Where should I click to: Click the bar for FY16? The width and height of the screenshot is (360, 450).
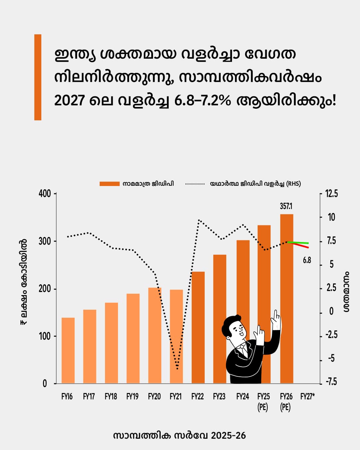[x=68, y=350]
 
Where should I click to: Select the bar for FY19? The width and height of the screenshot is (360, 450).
[x=133, y=338]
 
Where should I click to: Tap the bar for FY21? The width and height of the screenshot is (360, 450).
[x=176, y=336]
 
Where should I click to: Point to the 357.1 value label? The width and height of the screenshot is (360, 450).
[x=286, y=206]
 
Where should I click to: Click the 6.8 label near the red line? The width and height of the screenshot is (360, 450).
[x=307, y=260]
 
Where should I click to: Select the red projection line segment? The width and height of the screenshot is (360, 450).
[x=302, y=246]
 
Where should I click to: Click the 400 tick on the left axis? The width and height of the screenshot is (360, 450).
[x=45, y=194]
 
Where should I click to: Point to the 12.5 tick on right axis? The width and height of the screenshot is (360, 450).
[x=331, y=194]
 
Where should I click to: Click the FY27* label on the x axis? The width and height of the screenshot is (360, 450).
[x=307, y=397]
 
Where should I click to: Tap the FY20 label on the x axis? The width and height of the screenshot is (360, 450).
[x=154, y=397]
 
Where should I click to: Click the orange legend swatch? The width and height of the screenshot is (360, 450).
[x=109, y=184]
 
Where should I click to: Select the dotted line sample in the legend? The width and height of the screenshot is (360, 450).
[x=195, y=184]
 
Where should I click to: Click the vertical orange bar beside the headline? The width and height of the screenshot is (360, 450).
[x=38, y=77]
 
